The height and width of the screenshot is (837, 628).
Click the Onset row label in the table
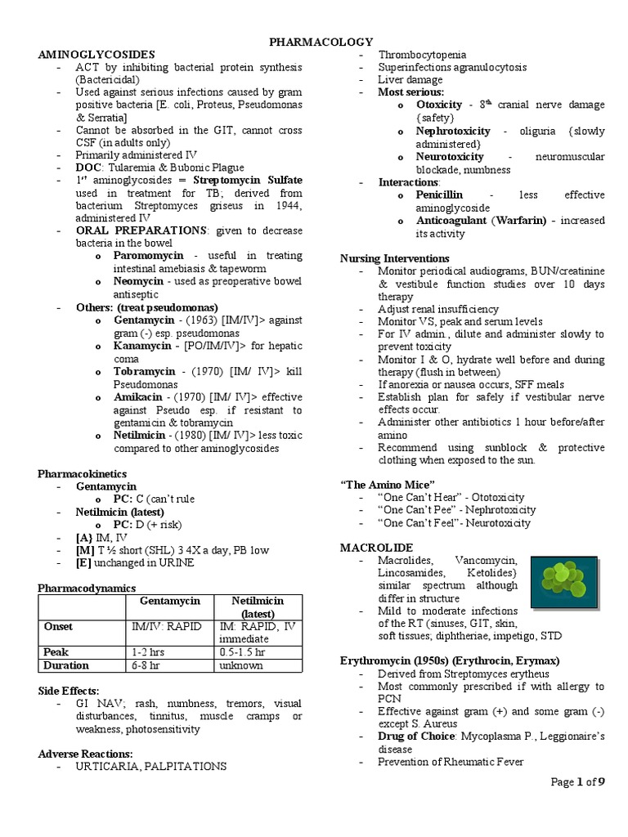(59, 626)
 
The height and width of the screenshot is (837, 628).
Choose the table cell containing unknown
(240, 665)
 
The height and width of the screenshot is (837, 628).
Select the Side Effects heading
(69, 691)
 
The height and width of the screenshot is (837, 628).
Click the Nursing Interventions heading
(395, 258)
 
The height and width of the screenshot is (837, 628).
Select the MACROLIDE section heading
(376, 546)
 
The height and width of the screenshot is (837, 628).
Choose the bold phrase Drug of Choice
(417, 736)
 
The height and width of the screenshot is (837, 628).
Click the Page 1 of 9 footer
(577, 782)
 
